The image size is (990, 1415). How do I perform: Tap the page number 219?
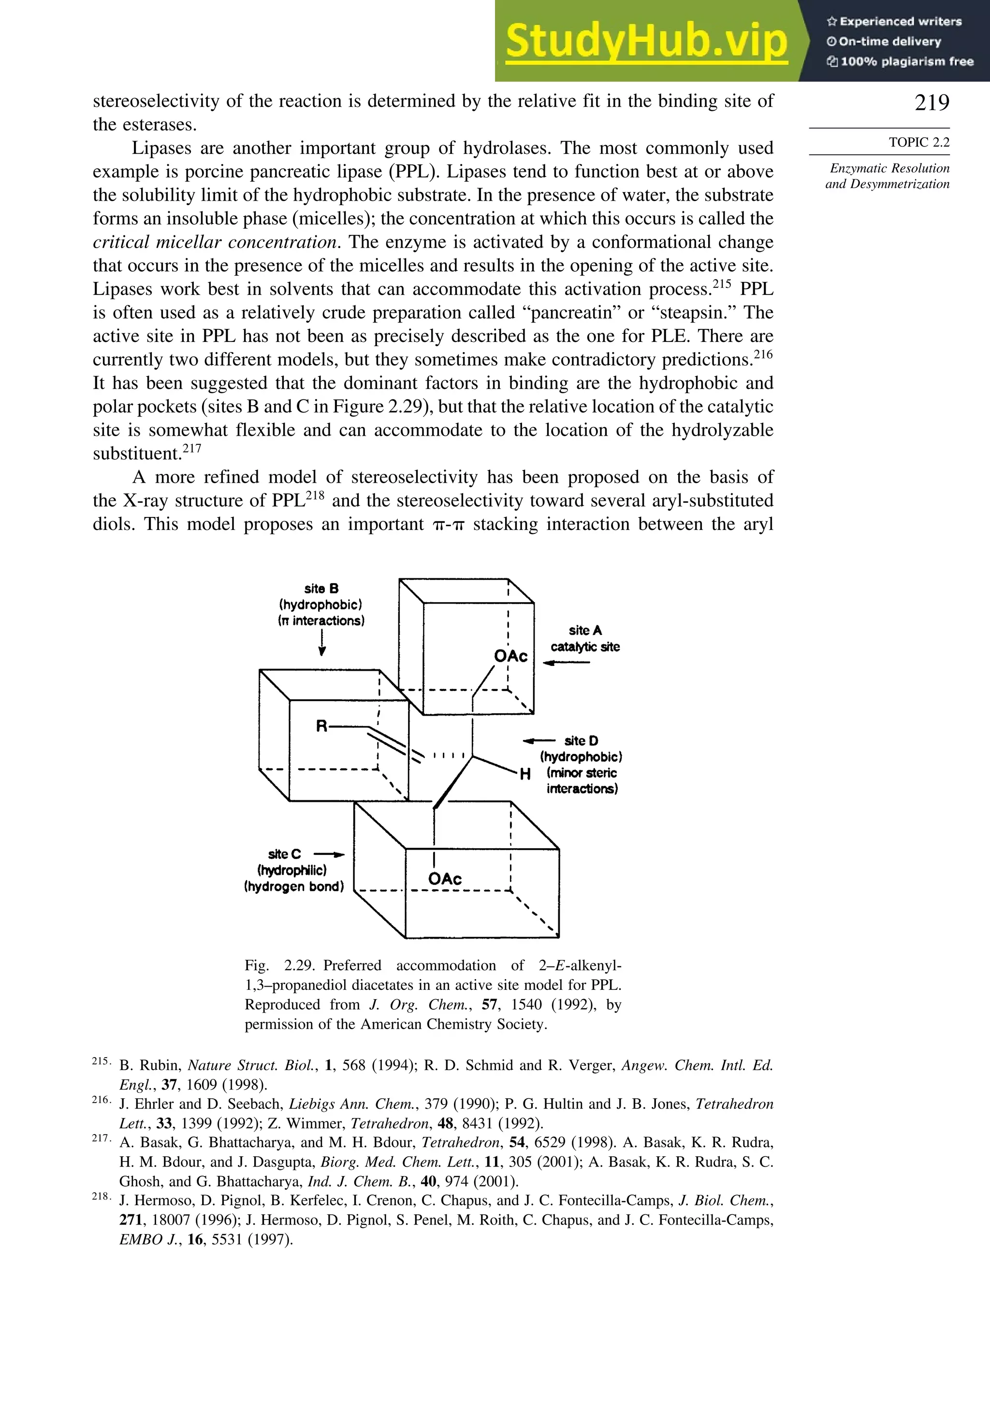(x=932, y=103)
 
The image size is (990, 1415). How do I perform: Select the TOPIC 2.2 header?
(x=918, y=142)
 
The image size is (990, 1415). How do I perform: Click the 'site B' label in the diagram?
(x=321, y=589)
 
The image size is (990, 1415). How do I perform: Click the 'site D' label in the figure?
(x=581, y=741)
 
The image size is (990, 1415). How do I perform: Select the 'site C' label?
(x=285, y=854)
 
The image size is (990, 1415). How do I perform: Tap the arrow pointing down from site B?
(x=321, y=644)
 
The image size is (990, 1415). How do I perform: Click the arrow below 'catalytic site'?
(x=566, y=663)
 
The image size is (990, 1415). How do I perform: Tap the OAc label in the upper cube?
(x=510, y=656)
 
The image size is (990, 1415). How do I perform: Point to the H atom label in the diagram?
(x=525, y=774)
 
